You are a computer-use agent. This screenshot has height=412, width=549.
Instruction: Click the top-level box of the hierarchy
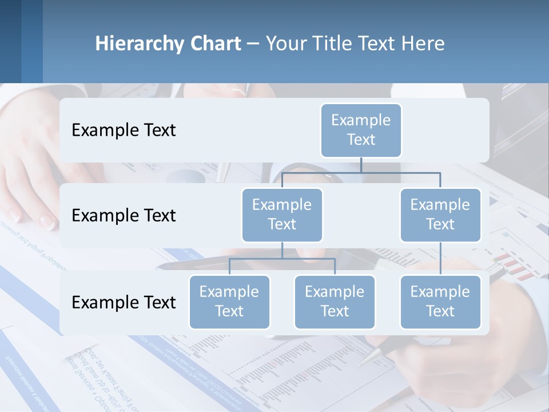pos(361,130)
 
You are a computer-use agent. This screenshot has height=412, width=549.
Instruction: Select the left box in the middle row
pos(282,215)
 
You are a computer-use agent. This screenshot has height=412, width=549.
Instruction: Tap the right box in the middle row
pos(440,215)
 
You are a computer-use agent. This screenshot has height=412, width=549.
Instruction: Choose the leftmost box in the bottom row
pos(229,302)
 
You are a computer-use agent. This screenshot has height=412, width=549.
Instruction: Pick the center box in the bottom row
pos(335,302)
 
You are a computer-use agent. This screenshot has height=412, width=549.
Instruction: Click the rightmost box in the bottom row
pos(440,302)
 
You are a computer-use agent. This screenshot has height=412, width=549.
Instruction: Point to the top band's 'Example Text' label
pos(124,130)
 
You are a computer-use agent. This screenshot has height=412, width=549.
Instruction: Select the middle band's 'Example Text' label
pos(124,216)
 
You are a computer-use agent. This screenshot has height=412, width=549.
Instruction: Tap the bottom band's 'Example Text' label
pos(124,302)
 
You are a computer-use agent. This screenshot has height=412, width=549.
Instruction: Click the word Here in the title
pos(423,43)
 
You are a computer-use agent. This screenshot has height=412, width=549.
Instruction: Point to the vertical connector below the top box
pos(361,165)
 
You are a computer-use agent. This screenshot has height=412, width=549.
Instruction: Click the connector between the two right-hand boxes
pos(440,258)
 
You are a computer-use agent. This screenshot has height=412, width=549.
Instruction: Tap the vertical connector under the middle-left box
pos(282,250)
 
